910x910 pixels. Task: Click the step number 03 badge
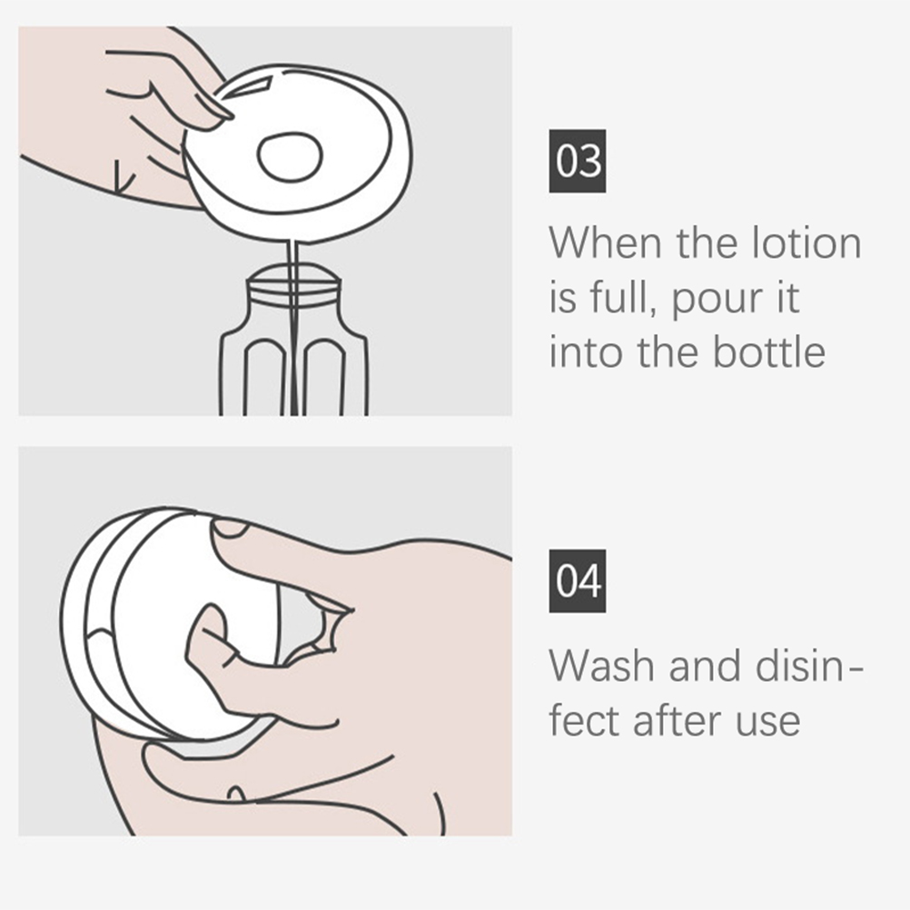tap(578, 161)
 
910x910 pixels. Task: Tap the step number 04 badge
tap(578, 581)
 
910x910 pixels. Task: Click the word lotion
tap(806, 242)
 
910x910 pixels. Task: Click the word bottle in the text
tap(769, 352)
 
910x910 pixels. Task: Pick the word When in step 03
tap(606, 242)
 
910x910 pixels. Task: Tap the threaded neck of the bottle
tap(293, 289)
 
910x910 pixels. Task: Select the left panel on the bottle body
tap(264, 377)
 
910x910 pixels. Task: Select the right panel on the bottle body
tap(324, 377)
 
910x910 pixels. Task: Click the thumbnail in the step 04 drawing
tap(231, 528)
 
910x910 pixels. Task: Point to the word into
tap(586, 352)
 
